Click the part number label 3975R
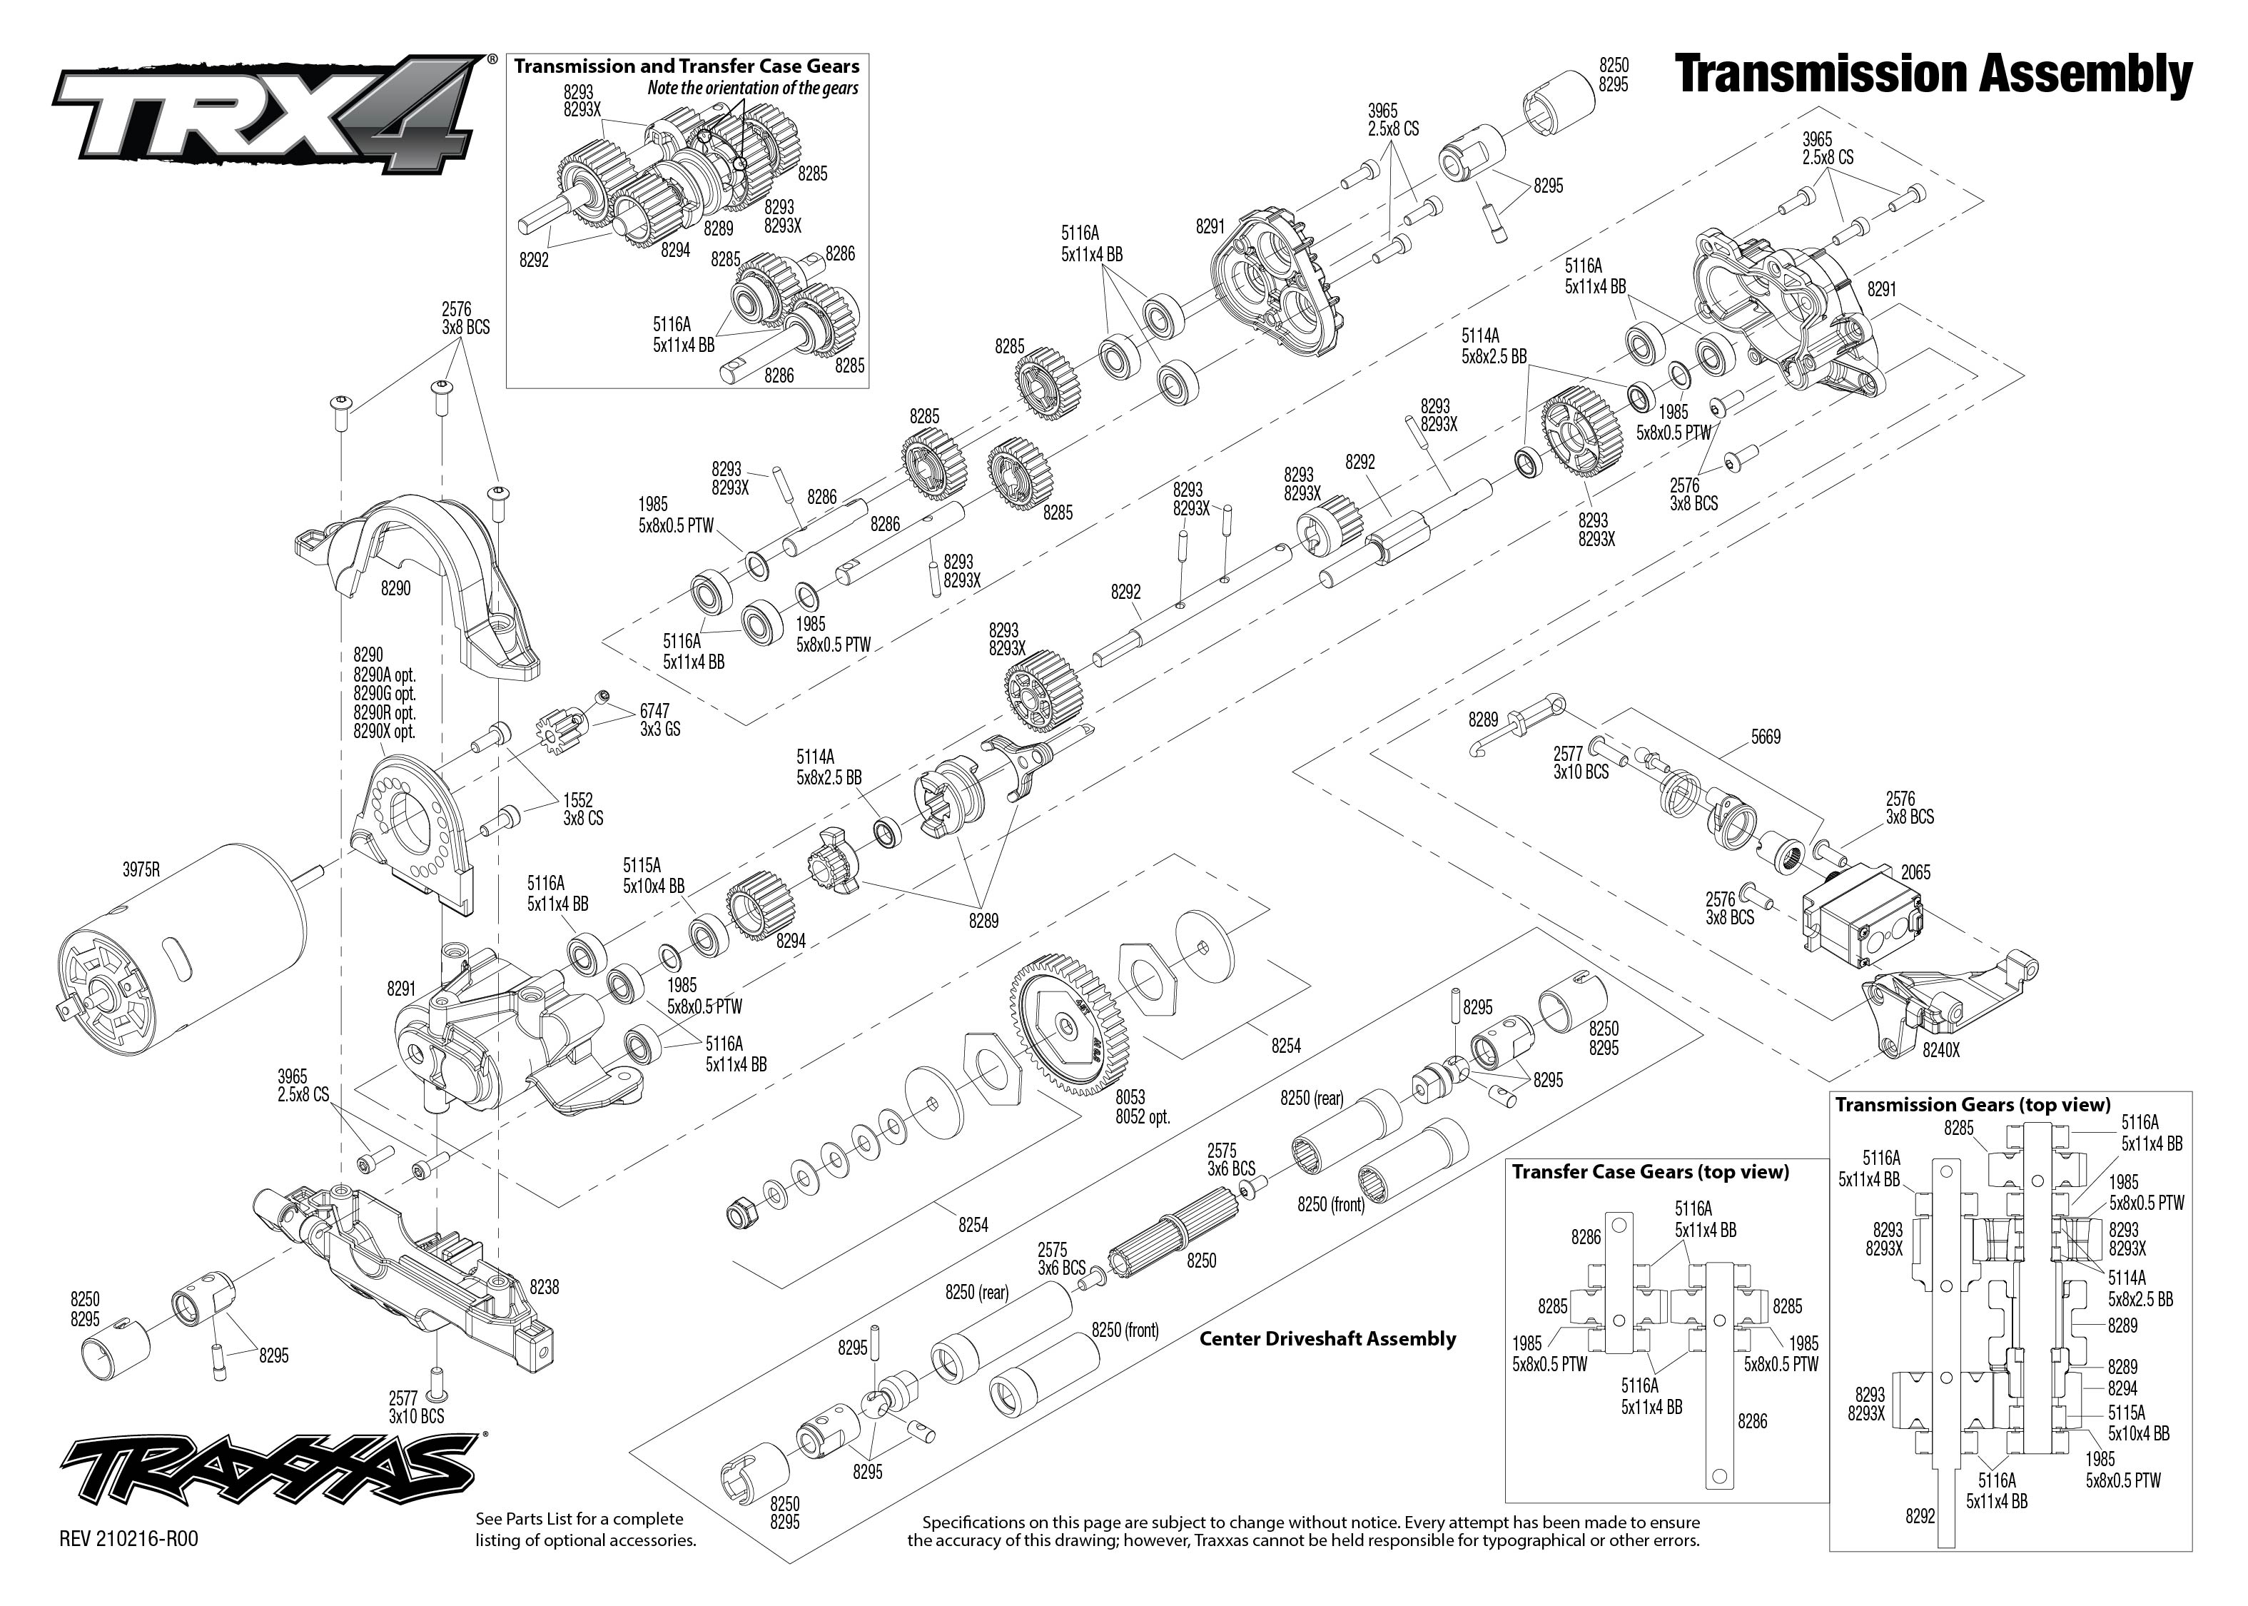point(141,870)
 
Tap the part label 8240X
point(1940,1051)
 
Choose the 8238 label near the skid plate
point(545,1288)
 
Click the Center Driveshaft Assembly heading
point(1327,1339)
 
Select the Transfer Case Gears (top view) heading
point(1650,1173)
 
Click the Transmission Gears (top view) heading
point(1973,1105)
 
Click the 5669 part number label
point(1765,737)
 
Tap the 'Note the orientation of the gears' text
point(752,88)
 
